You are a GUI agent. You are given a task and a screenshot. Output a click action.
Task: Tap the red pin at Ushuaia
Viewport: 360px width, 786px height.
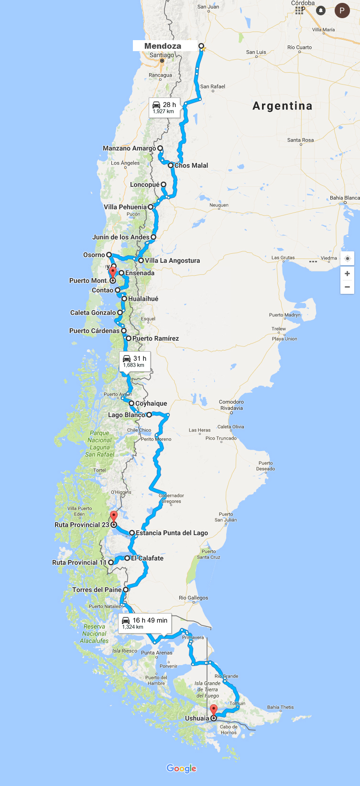tap(214, 710)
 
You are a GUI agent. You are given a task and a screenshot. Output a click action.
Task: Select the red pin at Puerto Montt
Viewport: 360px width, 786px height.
tap(112, 272)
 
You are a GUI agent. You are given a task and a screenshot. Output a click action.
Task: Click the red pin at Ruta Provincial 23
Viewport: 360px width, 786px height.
tap(114, 516)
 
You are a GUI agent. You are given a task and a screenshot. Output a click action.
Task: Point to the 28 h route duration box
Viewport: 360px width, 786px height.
tap(164, 108)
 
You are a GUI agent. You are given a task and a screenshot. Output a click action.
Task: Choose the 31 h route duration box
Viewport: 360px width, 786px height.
tap(135, 361)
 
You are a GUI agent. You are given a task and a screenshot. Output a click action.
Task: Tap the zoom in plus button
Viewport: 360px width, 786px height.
tap(347, 274)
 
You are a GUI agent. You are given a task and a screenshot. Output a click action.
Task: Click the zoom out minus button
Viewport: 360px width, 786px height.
tap(347, 287)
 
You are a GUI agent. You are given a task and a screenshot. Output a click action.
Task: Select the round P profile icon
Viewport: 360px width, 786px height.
tap(342, 10)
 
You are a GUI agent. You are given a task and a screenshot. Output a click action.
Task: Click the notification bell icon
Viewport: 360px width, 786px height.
tap(321, 10)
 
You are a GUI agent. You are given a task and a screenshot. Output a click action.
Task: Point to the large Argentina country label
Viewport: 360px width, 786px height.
tap(282, 106)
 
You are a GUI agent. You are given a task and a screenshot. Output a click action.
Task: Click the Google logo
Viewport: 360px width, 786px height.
tap(181, 768)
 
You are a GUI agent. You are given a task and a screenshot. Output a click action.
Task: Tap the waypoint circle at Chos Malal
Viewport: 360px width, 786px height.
tap(171, 165)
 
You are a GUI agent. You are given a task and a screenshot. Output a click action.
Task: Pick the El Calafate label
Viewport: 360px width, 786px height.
tap(148, 558)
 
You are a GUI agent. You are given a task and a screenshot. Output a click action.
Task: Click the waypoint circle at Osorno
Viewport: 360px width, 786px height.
tap(109, 255)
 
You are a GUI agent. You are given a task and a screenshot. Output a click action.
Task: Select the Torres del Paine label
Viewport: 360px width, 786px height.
tap(97, 590)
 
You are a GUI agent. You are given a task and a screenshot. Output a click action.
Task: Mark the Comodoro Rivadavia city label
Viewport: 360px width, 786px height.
tap(231, 405)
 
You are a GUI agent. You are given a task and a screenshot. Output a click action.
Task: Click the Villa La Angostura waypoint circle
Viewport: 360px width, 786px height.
tap(141, 260)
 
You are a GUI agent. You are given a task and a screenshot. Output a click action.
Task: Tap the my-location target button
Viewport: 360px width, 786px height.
tap(347, 258)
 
